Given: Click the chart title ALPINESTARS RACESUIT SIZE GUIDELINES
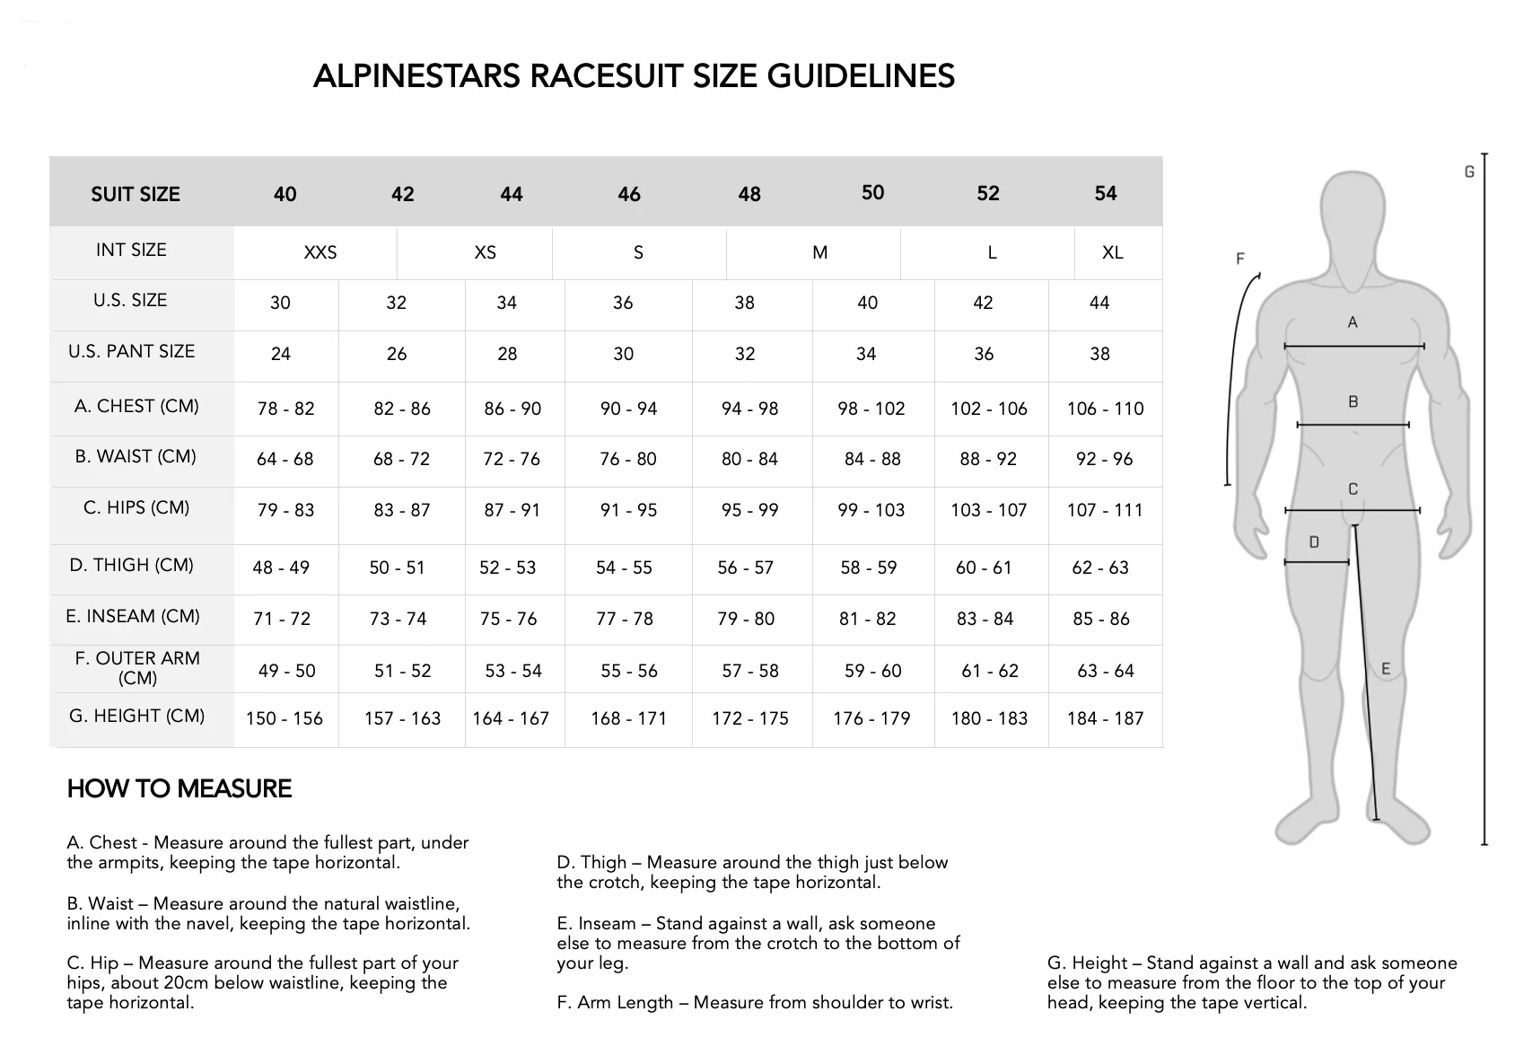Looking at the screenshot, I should coord(634,76).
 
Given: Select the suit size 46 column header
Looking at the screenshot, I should coord(629,194).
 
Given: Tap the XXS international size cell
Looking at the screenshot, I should coord(320,252).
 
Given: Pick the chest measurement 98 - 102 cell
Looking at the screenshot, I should coord(871,409).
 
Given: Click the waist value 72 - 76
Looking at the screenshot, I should coord(512,459).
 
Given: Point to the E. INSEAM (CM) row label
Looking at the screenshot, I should coord(133,616).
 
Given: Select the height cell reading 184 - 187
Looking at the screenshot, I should coord(1105,718).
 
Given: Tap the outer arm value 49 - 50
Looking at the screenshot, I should coord(287,671).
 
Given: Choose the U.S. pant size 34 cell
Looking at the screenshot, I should coord(866,354).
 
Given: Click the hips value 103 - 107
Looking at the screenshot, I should coord(988,510).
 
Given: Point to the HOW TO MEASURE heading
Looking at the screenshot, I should coord(180,788).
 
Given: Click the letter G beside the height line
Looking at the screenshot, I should coord(1469,172).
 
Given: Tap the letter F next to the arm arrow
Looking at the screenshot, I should coord(1240,259).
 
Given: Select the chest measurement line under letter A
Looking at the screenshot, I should coord(1353,346).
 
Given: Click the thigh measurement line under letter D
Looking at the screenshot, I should coord(1316,562).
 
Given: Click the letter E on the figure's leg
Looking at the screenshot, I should coord(1386,669).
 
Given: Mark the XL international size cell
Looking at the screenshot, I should coord(1112,252).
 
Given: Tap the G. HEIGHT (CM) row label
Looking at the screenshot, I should coord(137,716).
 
